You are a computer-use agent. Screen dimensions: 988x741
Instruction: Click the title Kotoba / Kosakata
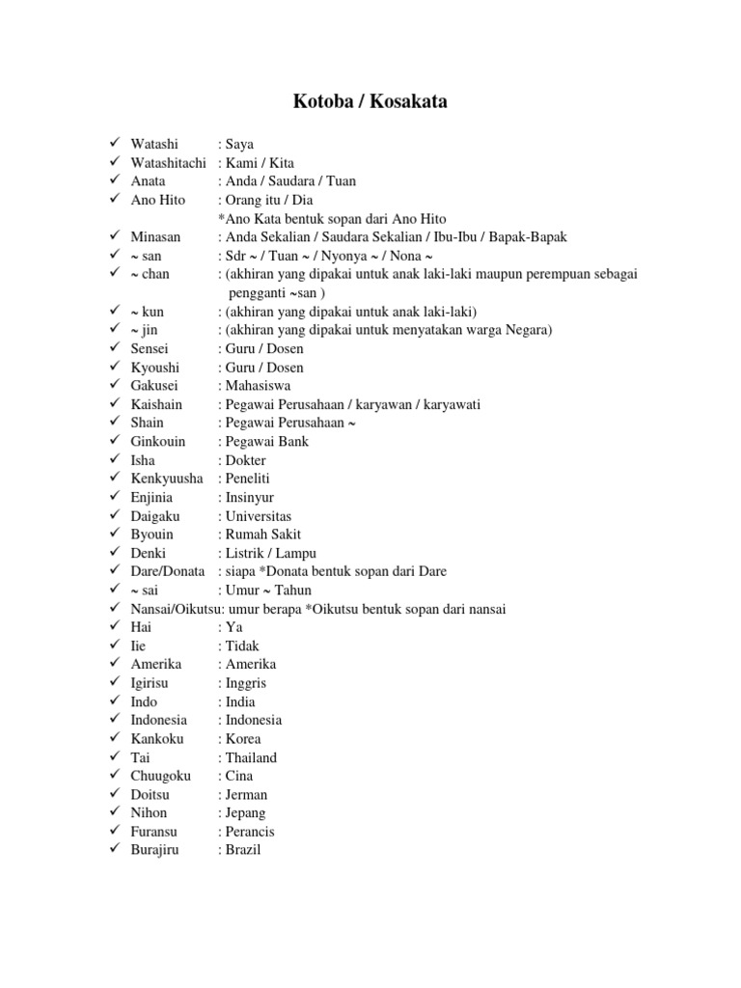click(x=370, y=101)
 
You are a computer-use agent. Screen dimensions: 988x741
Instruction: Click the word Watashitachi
click(x=169, y=162)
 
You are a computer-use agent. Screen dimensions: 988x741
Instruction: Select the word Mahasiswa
click(x=258, y=386)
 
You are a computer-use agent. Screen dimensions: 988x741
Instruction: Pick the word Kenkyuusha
click(x=167, y=479)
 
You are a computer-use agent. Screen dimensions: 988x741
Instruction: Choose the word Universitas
click(x=258, y=516)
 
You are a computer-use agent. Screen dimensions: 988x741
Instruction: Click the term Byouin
click(x=152, y=535)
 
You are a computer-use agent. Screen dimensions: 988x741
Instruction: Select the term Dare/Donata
click(x=169, y=571)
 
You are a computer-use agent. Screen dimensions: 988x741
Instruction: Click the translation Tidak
click(x=242, y=645)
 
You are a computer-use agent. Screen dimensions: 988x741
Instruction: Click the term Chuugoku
click(x=161, y=776)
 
